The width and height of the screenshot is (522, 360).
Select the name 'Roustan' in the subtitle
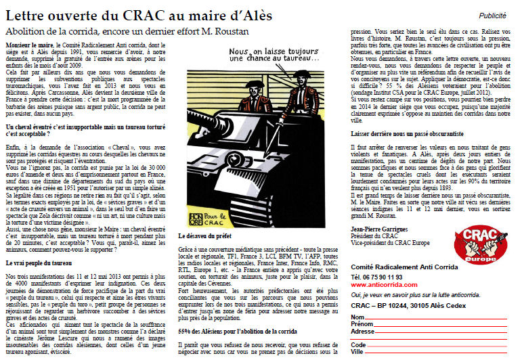click(219, 31)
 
